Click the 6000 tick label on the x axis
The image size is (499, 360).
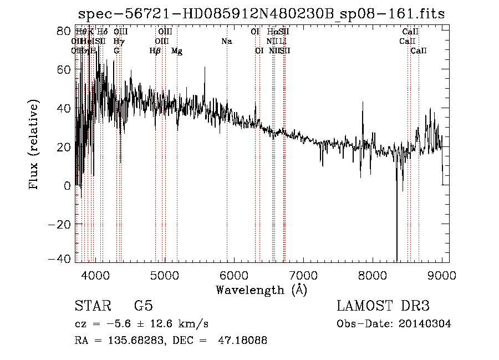point(234,275)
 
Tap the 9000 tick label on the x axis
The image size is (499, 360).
point(442,275)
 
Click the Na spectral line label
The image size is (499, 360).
point(226,41)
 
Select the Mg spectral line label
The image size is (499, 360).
point(177,51)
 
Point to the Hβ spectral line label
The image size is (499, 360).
point(155,51)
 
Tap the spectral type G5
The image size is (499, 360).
point(143,306)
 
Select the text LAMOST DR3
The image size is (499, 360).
point(383,306)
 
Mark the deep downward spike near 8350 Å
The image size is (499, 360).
point(397,244)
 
